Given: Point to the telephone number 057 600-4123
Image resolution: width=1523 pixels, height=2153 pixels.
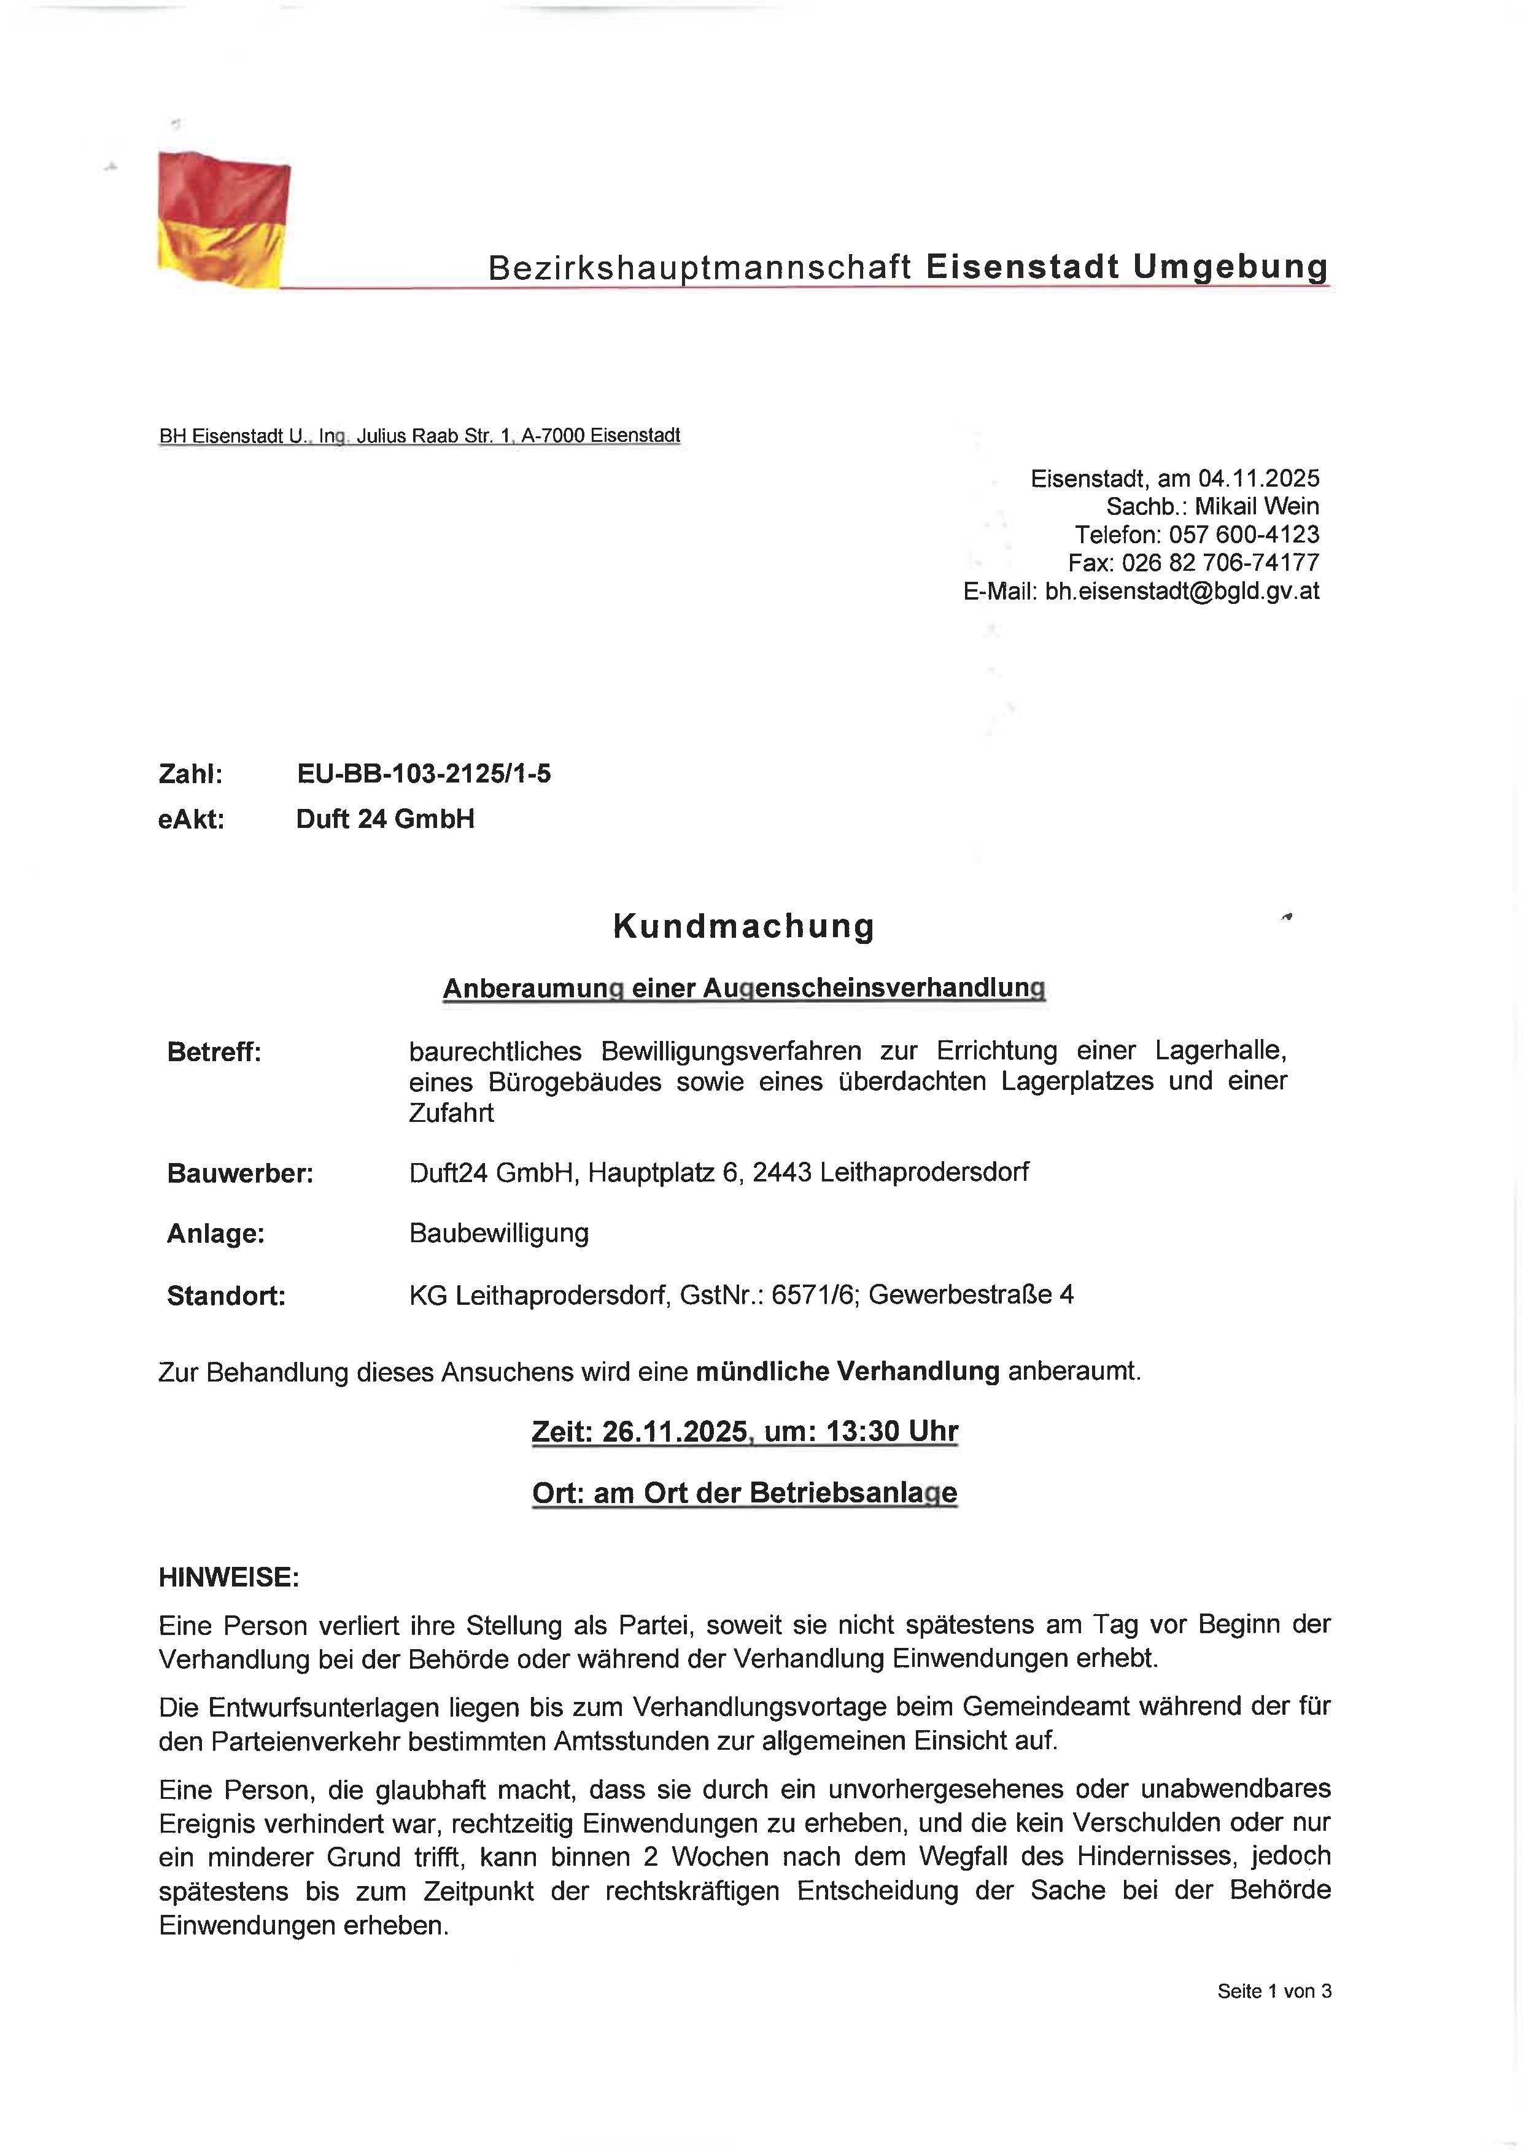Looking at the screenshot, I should [1244, 535].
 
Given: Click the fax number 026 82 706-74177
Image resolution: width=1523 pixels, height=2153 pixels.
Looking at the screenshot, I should [1220, 563].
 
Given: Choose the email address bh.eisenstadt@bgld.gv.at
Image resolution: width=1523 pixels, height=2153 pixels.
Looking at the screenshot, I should [1182, 591].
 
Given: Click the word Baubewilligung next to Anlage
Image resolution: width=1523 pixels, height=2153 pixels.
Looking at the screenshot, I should [499, 1233].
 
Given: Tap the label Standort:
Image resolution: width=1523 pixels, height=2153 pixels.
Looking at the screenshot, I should [226, 1296].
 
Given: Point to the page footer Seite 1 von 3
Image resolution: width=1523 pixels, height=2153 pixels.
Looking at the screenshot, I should [1274, 1991].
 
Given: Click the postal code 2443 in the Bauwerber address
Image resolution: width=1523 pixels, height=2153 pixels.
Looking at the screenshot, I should [781, 1172].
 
